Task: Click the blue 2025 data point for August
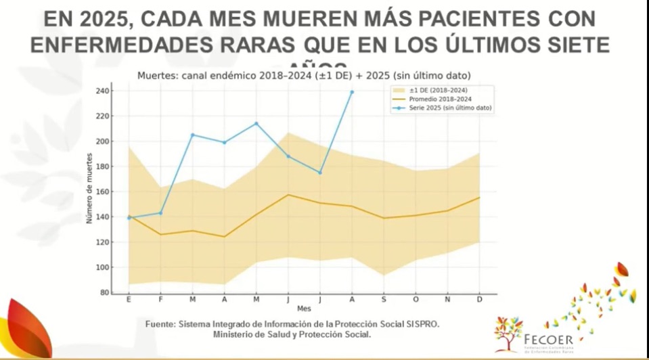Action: [351, 92]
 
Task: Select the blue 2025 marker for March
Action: [192, 135]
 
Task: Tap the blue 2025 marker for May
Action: [256, 123]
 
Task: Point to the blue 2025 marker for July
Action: [319, 173]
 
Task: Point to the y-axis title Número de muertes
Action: [89, 192]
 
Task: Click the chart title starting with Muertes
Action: [304, 75]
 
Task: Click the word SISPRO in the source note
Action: [421, 325]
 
